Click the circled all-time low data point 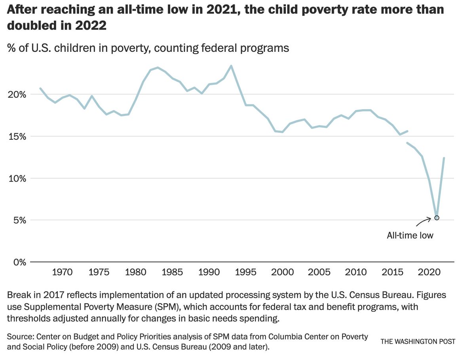coord(437,218)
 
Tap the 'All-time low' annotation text coord(410,235)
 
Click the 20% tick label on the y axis coord(17,95)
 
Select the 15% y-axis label coord(17,136)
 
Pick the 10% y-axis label coord(17,178)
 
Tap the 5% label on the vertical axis coord(19,220)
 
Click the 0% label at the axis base coord(19,262)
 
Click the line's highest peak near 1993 coord(231,66)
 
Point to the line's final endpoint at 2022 coord(444,158)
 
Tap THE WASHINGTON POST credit coord(418,341)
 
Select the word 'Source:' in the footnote coord(20,337)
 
